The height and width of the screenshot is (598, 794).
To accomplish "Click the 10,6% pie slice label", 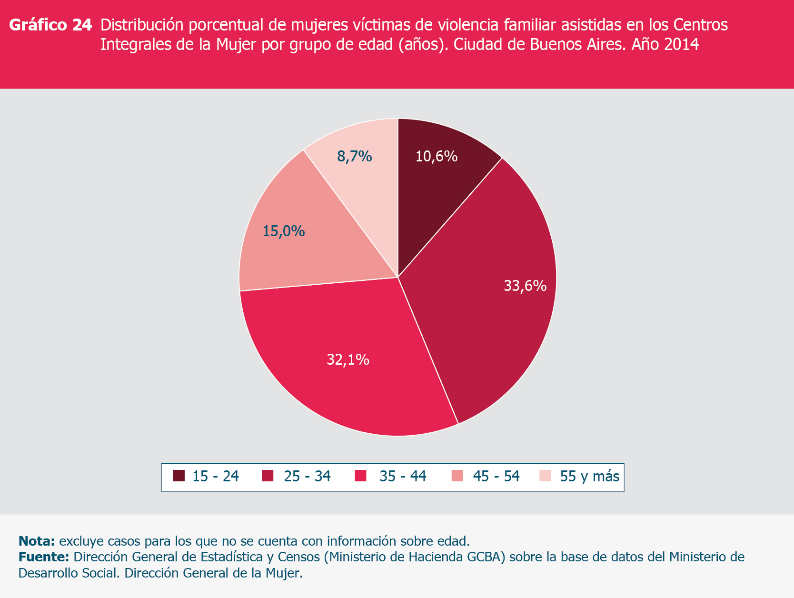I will pos(437,156).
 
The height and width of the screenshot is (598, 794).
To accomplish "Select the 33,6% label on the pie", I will pos(525,286).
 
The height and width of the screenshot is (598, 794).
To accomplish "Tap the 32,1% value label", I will pos(348,360).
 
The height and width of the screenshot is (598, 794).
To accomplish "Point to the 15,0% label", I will pos(284,231).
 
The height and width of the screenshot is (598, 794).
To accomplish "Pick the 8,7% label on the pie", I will pos(355,156).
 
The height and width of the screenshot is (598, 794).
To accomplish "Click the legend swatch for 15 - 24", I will pos(179,476).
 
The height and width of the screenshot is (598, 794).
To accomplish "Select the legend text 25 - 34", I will pos(307,476).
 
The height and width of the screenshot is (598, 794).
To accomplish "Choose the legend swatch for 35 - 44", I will pos(360,476).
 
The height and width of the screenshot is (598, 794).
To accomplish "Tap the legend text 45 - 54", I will pos(496,476).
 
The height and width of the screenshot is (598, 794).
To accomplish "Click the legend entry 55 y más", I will pos(589,476).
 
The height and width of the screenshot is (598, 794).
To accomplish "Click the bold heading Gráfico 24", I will pos(50,25).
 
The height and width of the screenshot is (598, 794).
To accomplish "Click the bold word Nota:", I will pos(37,541).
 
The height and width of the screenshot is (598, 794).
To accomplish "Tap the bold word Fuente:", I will pos(44,557).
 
